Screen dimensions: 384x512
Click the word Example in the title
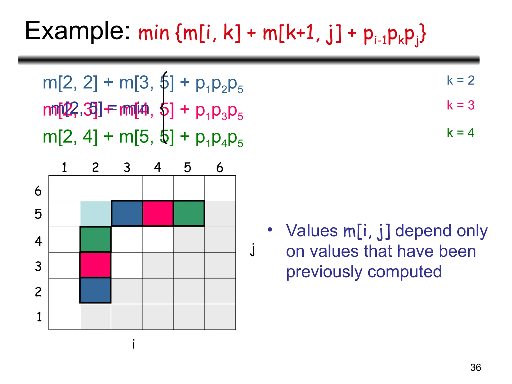click(77, 31)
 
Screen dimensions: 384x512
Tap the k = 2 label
click(460, 80)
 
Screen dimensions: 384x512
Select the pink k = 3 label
click(460, 105)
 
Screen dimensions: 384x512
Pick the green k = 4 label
click(460, 132)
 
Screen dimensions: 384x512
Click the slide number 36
click(475, 367)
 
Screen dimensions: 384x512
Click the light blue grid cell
click(95, 214)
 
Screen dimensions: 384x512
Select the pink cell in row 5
click(158, 213)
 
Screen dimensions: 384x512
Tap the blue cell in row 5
click(127, 213)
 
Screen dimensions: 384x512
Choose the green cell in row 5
click(189, 213)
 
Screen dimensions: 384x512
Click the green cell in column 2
click(95, 239)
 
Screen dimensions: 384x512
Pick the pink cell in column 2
click(95, 265)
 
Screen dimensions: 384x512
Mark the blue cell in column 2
click(95, 290)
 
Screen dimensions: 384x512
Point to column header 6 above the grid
click(219, 167)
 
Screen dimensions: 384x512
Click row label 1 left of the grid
click(39, 317)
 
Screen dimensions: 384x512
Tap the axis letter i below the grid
click(133, 344)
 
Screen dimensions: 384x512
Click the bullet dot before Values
click(269, 229)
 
